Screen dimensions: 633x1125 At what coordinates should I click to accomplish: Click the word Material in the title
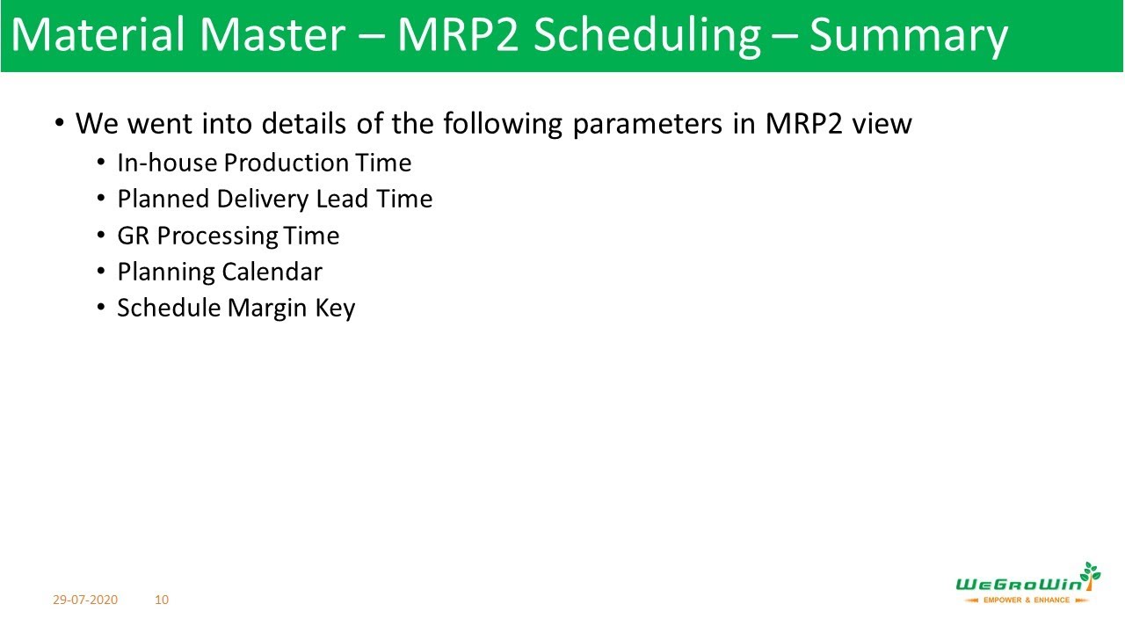click(98, 36)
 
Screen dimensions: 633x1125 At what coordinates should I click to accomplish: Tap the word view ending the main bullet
click(882, 124)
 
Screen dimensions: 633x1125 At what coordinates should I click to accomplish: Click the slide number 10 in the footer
click(162, 600)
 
